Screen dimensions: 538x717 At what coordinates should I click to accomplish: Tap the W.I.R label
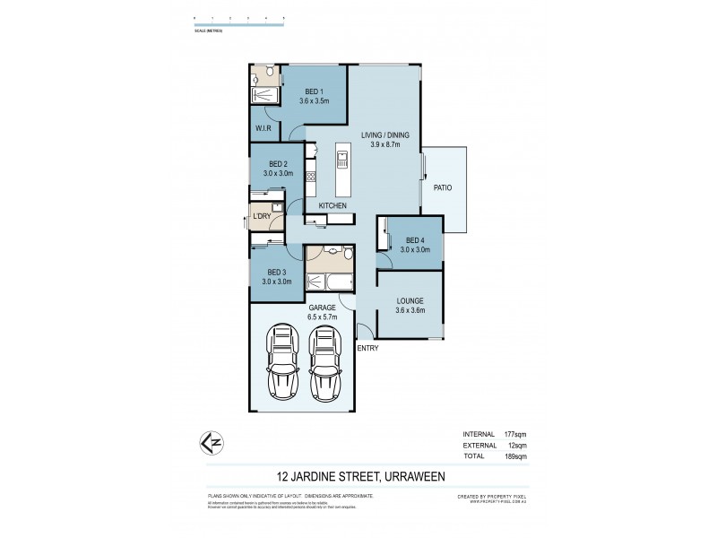(263, 128)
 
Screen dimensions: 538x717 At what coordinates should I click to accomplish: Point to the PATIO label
(443, 187)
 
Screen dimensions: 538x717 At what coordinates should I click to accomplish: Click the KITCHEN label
(332, 205)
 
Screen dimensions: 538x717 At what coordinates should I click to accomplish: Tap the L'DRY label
(262, 217)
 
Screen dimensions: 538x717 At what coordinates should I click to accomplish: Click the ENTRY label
(367, 348)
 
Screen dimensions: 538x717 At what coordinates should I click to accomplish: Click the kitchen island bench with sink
(341, 170)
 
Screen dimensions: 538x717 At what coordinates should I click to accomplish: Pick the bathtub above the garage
(327, 282)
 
